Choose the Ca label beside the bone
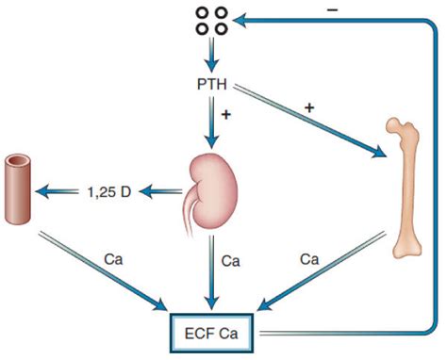click(x=308, y=256)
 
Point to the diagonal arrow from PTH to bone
click(x=311, y=122)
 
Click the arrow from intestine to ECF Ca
click(x=104, y=274)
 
